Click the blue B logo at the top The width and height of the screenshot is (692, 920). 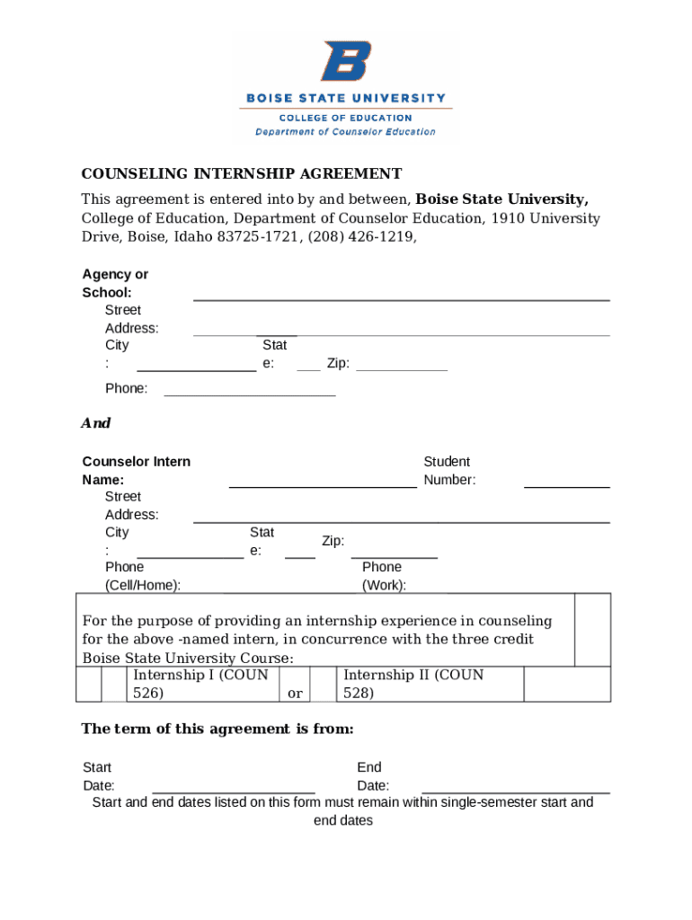point(345,62)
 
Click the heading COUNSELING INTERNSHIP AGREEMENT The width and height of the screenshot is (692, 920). point(242,173)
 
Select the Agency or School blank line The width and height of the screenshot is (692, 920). point(402,297)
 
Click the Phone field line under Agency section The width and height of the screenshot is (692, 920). point(250,394)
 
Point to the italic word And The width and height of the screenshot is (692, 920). point(96,423)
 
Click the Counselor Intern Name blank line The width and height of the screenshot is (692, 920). point(323,485)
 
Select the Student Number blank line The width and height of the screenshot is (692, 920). point(566,485)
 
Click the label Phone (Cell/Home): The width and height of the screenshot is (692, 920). point(142,576)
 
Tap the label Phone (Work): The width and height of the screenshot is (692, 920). point(384,576)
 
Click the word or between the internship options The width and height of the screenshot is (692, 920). point(295,694)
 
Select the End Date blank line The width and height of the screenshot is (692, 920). point(516,792)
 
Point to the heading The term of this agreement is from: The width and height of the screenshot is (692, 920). point(217,729)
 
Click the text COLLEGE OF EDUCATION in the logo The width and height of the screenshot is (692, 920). point(345,118)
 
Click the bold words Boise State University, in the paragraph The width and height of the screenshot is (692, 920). point(502,199)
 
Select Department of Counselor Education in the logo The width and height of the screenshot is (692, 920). point(345,132)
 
